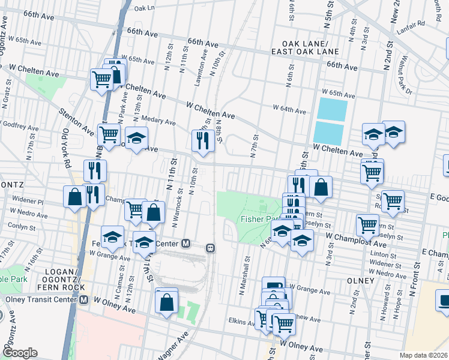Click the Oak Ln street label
[144, 8]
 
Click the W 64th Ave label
[289, 109]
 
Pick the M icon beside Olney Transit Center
[85, 299]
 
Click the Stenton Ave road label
[76, 121]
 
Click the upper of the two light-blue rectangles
[332, 109]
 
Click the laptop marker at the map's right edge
[443, 300]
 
